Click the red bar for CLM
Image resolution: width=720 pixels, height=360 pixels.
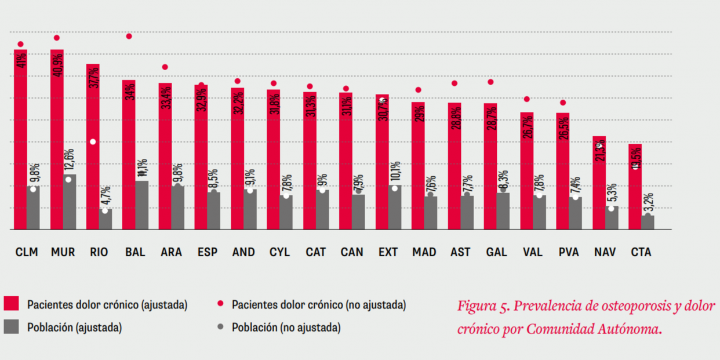[x=20, y=139]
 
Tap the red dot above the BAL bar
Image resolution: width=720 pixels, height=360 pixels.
[x=129, y=36]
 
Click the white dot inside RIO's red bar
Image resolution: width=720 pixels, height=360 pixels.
[x=93, y=142]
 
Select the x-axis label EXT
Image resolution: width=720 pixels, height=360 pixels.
[x=388, y=252]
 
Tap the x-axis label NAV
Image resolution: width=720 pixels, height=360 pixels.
[x=605, y=252]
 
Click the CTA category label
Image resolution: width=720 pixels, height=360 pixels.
[x=641, y=252]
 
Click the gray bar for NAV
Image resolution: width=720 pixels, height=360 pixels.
[x=612, y=218]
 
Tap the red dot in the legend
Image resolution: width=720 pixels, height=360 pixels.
[x=220, y=304]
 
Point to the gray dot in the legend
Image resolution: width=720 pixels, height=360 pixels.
[x=220, y=327]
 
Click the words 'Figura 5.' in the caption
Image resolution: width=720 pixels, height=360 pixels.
[x=483, y=306]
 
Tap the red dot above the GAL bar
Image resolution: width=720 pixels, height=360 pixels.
[x=490, y=82]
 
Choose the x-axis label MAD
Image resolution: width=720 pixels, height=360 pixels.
[x=424, y=252]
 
